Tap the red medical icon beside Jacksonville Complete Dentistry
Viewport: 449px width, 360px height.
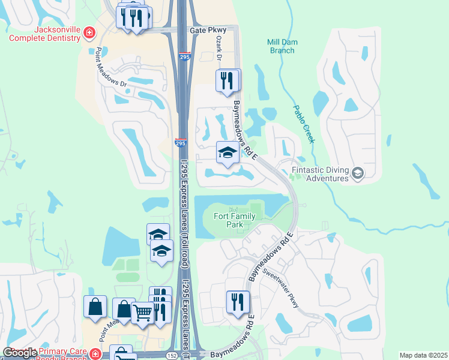tap(89, 32)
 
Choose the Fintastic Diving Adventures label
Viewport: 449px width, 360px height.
tap(320, 174)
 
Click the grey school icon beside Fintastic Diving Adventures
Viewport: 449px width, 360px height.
tap(358, 174)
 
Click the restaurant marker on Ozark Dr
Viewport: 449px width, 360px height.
tap(226, 81)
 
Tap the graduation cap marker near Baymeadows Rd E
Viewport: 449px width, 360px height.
tap(228, 153)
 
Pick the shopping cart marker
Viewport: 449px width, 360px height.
tap(142, 312)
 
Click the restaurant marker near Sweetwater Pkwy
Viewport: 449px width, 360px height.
tap(237, 302)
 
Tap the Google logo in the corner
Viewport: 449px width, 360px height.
tap(20, 353)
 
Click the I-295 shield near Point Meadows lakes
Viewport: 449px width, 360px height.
tap(180, 143)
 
